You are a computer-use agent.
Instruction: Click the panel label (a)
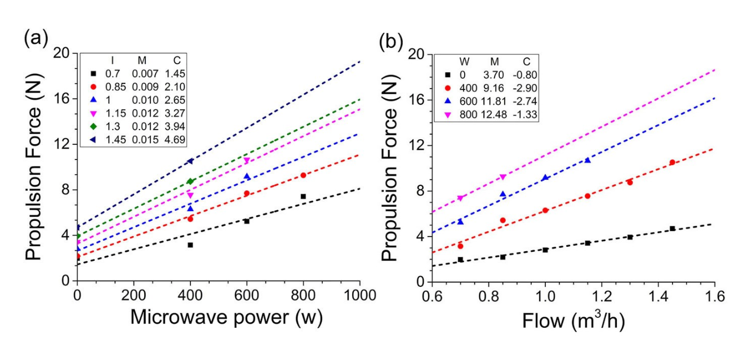click(34, 41)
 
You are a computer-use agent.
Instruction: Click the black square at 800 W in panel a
click(303, 197)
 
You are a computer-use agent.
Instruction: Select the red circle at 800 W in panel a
click(303, 175)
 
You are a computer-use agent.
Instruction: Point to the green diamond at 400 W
click(190, 181)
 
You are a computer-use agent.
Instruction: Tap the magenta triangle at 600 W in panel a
click(247, 161)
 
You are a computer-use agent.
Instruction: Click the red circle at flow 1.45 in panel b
click(672, 162)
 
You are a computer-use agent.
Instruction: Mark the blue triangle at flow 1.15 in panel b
click(588, 161)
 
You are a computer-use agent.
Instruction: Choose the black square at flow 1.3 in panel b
click(630, 237)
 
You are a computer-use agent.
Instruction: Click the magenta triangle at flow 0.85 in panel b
click(503, 177)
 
